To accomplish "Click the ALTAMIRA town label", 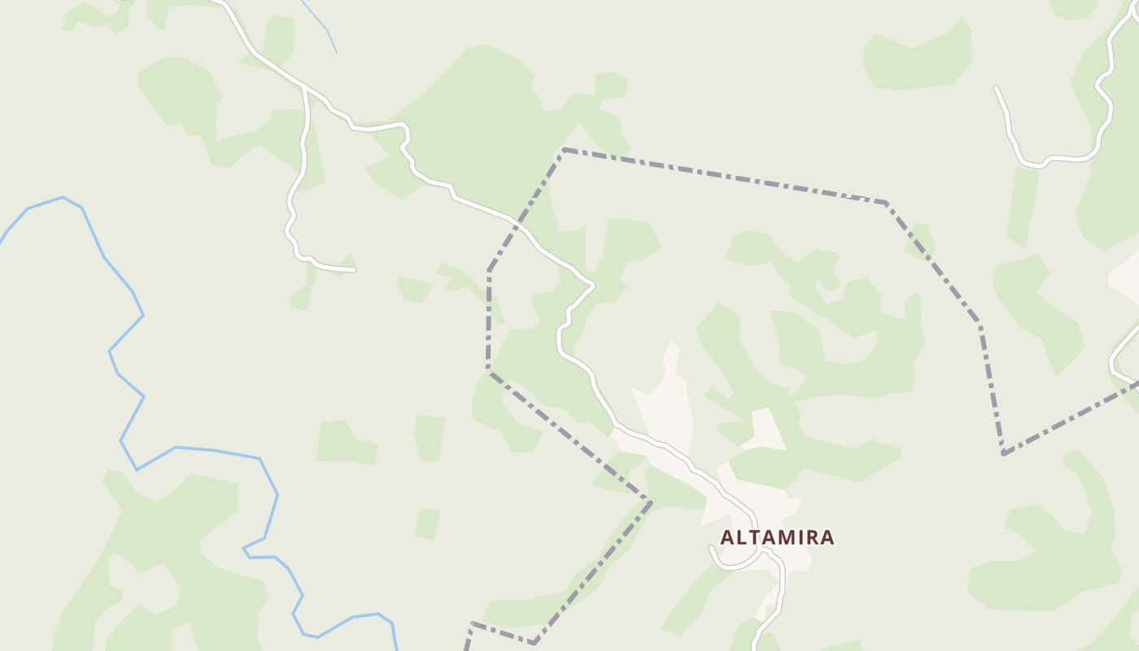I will click(777, 538).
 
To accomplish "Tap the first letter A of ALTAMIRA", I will click(728, 538).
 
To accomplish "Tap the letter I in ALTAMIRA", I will click(801, 538).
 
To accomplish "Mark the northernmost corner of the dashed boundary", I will click(563, 150).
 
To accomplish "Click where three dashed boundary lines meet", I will click(651, 500).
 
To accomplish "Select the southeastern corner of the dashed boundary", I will click(1003, 453).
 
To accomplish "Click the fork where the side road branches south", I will click(303, 85).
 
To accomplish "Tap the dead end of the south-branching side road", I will click(354, 269).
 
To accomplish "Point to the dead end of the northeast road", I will click(997, 88).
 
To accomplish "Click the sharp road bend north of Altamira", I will click(592, 284).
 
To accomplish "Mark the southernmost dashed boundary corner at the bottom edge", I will click(534, 643).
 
